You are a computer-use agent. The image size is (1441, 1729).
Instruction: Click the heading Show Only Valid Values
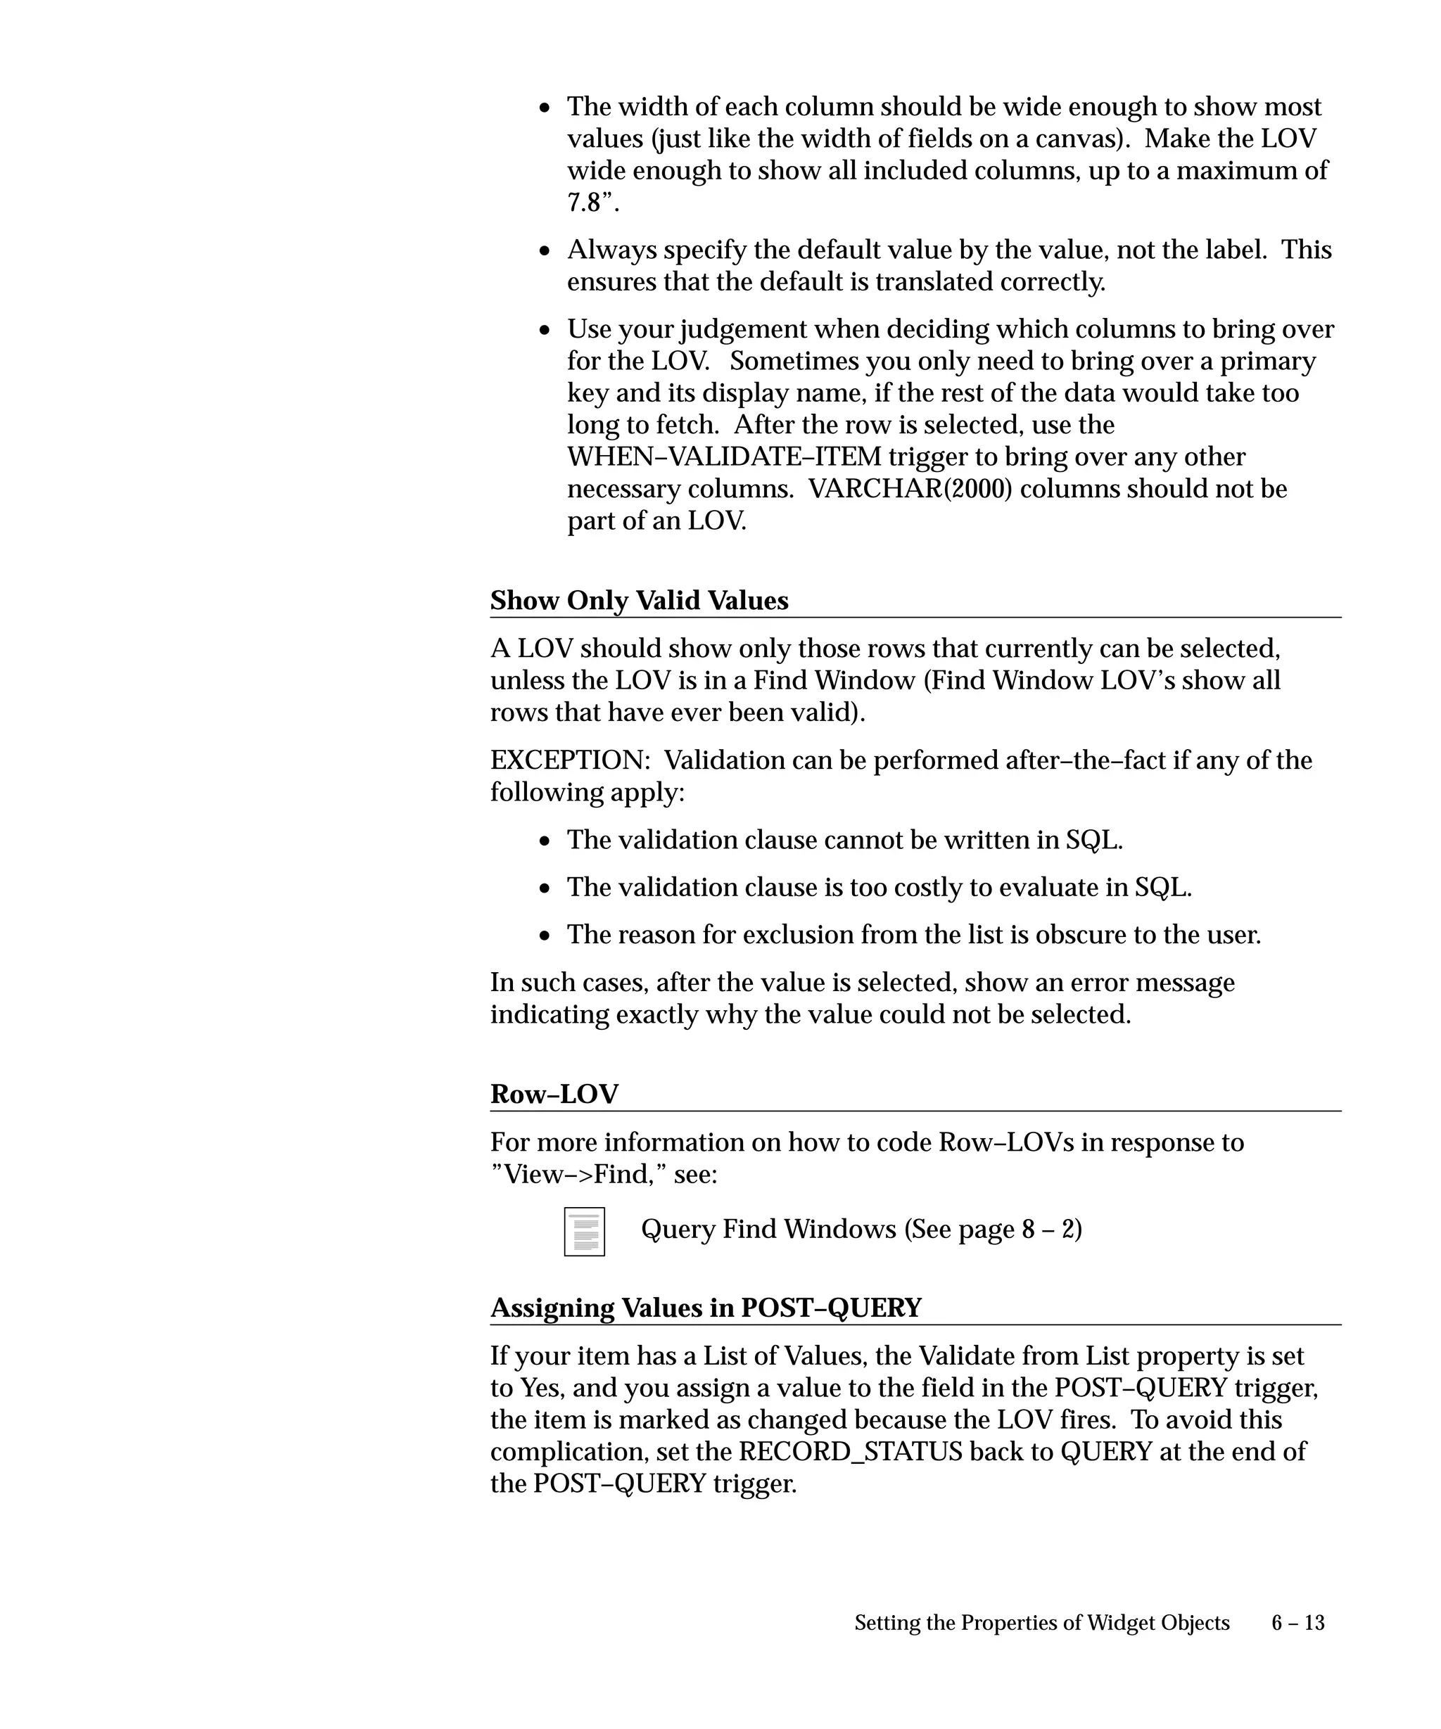(x=639, y=600)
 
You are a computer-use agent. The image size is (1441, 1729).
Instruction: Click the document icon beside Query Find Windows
(x=584, y=1231)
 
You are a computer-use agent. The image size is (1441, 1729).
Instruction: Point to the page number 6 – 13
(x=1297, y=1622)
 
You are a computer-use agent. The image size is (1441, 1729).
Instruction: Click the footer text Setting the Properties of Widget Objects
(x=1041, y=1622)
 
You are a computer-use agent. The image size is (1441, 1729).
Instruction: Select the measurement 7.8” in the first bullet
(x=592, y=203)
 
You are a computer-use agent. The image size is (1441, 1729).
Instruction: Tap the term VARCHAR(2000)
(x=910, y=489)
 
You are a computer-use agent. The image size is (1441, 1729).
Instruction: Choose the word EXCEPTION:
(x=570, y=760)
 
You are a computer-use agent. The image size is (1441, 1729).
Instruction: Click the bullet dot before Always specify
(x=545, y=251)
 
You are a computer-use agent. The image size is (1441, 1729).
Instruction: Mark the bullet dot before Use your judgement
(x=545, y=330)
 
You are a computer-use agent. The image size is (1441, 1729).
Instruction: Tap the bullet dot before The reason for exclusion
(x=545, y=936)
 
